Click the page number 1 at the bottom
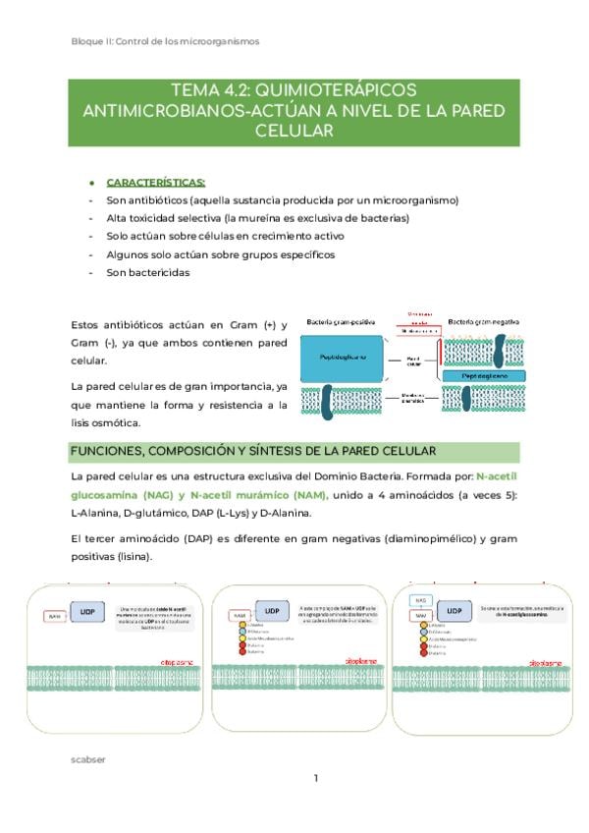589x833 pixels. [x=316, y=779]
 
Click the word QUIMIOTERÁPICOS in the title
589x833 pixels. [x=337, y=90]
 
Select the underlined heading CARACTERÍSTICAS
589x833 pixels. [x=155, y=182]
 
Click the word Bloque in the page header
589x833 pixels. [x=88, y=41]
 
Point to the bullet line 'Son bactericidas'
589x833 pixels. [x=148, y=272]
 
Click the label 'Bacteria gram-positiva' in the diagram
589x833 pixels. [x=342, y=322]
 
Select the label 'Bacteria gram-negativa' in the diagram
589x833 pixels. [x=483, y=322]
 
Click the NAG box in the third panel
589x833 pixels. [x=419, y=598]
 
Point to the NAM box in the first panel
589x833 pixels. [x=55, y=616]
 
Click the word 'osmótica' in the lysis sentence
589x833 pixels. [x=118, y=423]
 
